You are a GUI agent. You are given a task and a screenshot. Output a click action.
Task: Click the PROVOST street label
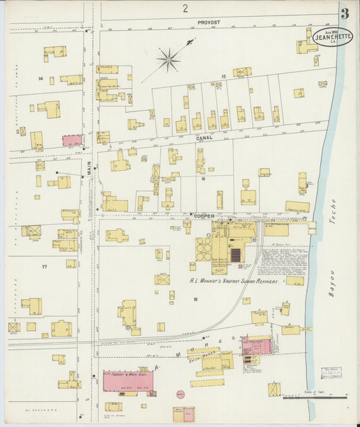(209, 22)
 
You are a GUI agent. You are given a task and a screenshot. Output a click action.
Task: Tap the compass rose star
(168, 59)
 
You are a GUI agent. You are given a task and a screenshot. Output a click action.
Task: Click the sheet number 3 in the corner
(344, 14)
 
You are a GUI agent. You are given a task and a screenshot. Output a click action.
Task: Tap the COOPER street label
(205, 216)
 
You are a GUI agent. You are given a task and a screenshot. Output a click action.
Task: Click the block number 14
(41, 79)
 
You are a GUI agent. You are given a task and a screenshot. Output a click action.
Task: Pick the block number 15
(223, 77)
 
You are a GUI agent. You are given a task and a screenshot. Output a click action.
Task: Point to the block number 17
(45, 267)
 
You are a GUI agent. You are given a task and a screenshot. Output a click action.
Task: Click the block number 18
(195, 298)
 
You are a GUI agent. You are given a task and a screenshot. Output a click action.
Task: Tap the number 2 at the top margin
(184, 8)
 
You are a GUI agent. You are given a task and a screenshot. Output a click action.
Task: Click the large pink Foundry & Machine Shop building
(128, 382)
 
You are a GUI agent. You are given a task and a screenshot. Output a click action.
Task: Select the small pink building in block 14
(72, 140)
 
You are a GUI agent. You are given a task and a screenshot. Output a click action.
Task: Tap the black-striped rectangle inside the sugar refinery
(236, 255)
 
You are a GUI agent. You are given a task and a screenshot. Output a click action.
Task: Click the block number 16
(202, 179)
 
